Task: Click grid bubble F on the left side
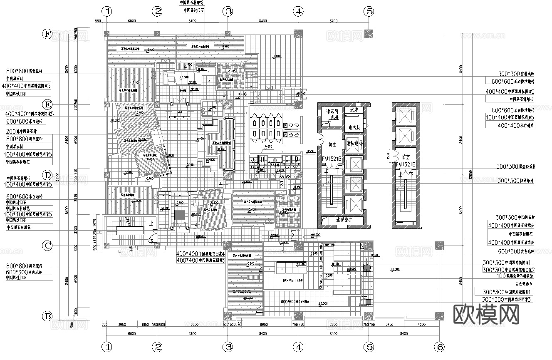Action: tap(48, 34)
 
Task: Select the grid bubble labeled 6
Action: tap(439, 346)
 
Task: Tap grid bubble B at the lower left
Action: tap(48, 317)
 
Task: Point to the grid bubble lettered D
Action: tap(48, 175)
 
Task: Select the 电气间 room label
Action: tap(354, 127)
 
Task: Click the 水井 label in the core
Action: tap(354, 110)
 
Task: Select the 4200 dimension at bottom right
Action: tap(421, 324)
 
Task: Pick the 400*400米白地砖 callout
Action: tap(515, 125)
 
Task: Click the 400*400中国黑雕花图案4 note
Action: tap(200, 253)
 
